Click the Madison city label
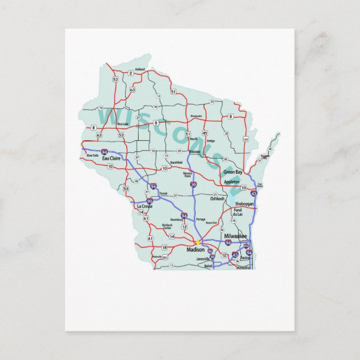pyautogui.click(x=195, y=250)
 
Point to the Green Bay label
pyautogui.click(x=233, y=172)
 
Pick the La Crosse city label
pyautogui.click(x=144, y=206)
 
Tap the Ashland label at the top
pyautogui.click(x=140, y=69)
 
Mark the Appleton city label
pyautogui.click(x=231, y=182)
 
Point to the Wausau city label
pyautogui.click(x=195, y=151)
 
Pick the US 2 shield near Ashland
pyautogui.click(x=130, y=73)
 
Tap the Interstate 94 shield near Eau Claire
pyautogui.click(x=105, y=151)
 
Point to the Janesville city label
pyautogui.click(x=202, y=259)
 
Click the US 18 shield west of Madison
pyautogui.click(x=164, y=247)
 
